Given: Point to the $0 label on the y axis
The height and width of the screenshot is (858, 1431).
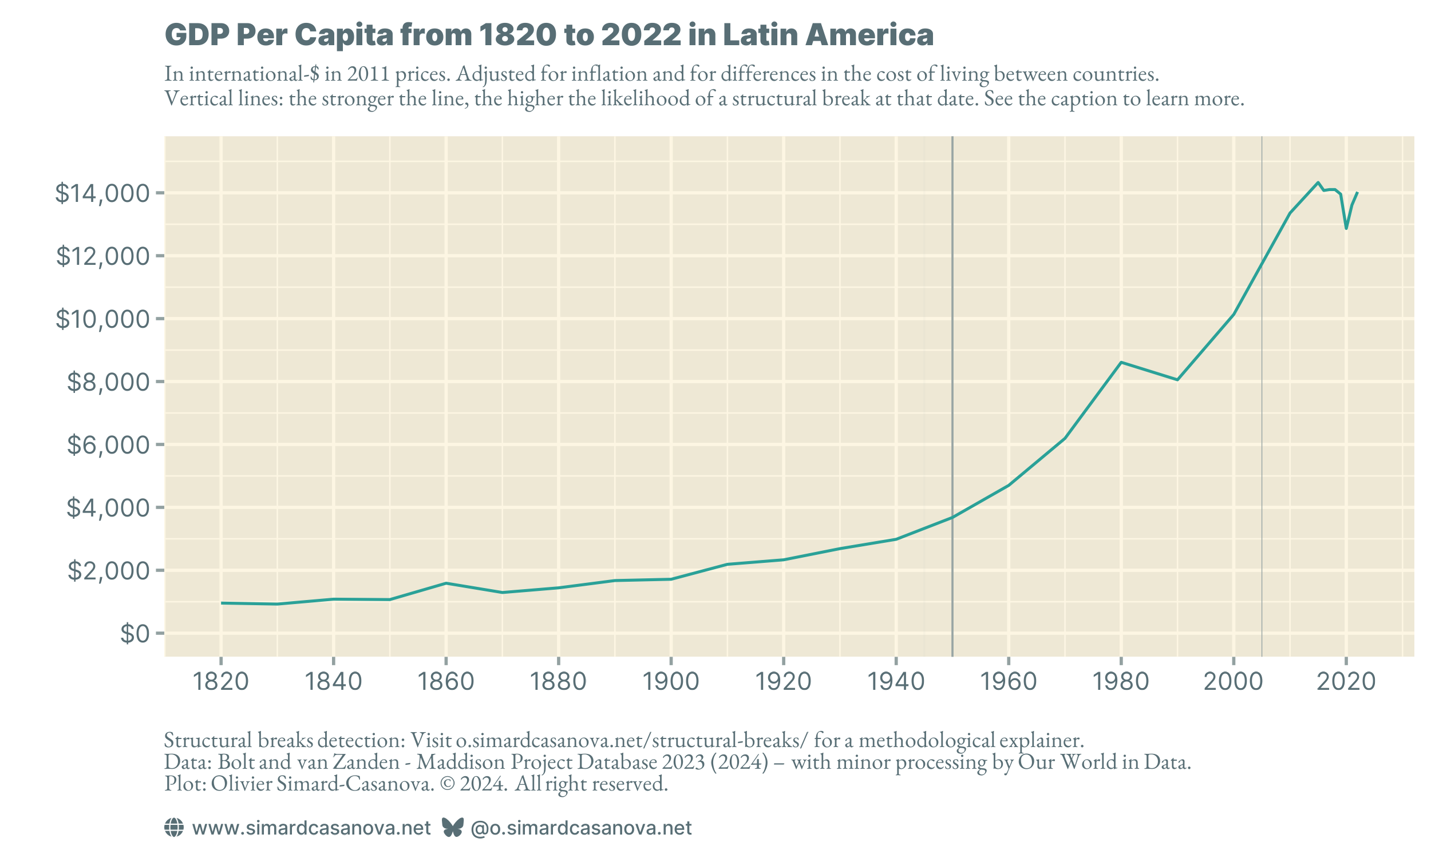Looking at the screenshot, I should (x=134, y=634).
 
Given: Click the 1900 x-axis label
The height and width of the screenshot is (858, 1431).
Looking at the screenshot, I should (x=671, y=682).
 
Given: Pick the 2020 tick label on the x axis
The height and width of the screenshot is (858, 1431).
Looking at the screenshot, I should (x=1345, y=682).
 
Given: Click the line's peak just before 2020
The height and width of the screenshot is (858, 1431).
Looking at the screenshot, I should (x=1318, y=182).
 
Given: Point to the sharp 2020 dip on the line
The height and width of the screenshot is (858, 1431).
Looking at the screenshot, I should (x=1346, y=228).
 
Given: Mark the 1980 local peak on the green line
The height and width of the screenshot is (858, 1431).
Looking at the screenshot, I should (x=1121, y=362).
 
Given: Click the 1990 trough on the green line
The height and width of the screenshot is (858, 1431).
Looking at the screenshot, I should (x=1177, y=380).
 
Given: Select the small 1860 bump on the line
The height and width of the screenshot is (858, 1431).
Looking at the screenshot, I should (x=445, y=583).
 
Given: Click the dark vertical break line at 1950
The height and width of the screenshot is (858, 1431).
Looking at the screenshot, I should (x=952, y=347).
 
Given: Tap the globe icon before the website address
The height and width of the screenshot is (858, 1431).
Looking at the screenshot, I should (x=173, y=827).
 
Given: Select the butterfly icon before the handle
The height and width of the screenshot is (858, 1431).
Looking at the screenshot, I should (x=452, y=827).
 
